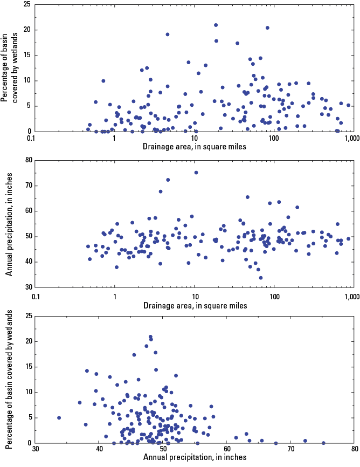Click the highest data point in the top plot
[216, 25]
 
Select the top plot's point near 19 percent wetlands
[168, 35]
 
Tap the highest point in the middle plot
[196, 173]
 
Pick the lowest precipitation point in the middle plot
[261, 278]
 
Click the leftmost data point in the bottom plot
[59, 417]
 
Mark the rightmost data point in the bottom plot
[323, 443]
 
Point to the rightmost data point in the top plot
[348, 105]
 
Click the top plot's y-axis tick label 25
[25, 5]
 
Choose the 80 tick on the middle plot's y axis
[25, 160]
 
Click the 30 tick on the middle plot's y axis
[25, 287]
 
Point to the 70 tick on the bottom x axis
[290, 449]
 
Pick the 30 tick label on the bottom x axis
[35, 449]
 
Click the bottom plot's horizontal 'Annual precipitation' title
[195, 457]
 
